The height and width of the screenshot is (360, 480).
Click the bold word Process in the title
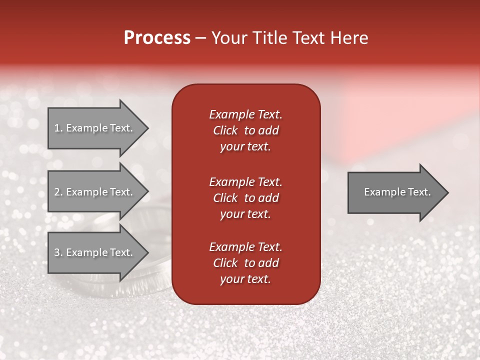(x=157, y=38)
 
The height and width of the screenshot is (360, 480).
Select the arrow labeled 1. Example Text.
(x=92, y=128)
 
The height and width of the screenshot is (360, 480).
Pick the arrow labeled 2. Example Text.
(x=92, y=192)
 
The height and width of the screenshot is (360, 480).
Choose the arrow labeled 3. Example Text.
(x=92, y=252)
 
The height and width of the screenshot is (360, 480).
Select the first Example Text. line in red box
(x=245, y=114)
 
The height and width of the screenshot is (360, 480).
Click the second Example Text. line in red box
(x=245, y=181)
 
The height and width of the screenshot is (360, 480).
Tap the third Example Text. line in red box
(x=245, y=247)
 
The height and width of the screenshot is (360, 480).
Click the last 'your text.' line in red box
(x=245, y=279)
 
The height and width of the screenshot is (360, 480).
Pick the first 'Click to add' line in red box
(x=245, y=130)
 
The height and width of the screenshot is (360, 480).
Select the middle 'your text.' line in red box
(x=245, y=214)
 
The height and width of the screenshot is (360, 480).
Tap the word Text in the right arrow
(x=420, y=192)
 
